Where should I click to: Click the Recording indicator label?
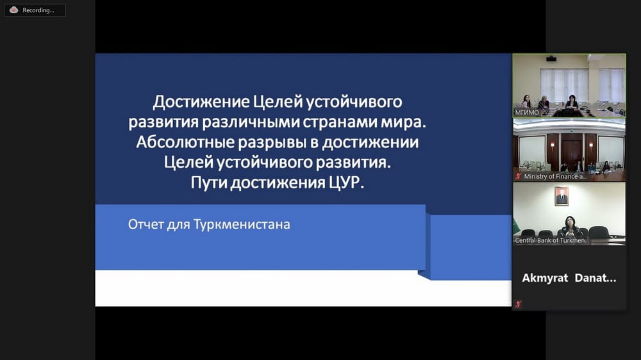pos(38,10)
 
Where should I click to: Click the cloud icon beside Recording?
pos(13,10)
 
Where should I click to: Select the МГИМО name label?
pos(528,112)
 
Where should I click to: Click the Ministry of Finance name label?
pos(554,176)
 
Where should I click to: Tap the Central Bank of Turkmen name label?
pos(551,240)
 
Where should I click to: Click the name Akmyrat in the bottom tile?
pos(545,278)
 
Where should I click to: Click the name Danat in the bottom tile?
pos(595,278)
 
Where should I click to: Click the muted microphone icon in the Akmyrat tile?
pos(518,304)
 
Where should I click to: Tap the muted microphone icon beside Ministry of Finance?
pos(518,176)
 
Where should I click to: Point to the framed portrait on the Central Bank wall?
pos(562,195)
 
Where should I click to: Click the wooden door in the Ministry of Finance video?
pos(569,151)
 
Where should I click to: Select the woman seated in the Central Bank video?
pos(569,225)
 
